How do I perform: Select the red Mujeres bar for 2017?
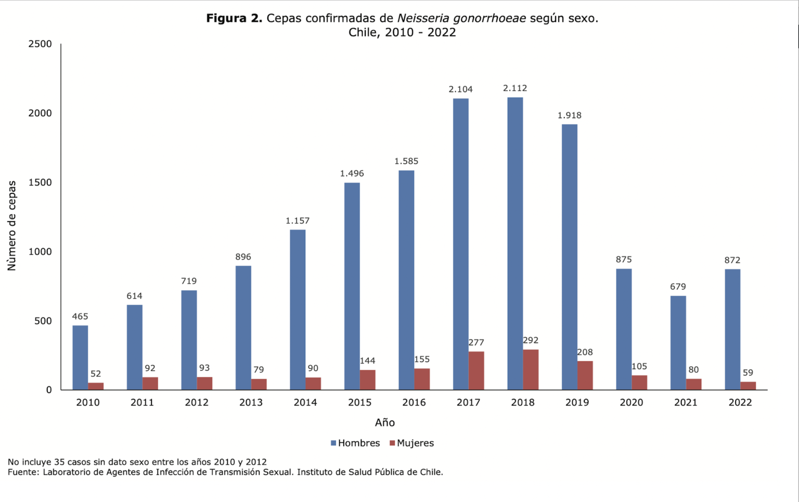(476, 370)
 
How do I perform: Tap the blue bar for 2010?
(80, 357)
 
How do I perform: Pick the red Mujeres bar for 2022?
(748, 385)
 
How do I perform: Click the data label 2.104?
(460, 89)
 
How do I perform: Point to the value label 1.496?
(352, 174)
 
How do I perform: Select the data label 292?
(530, 340)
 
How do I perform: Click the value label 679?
(678, 287)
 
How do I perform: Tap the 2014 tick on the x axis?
(305, 402)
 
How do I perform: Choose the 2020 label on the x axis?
(631, 402)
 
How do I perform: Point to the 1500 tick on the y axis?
(40, 183)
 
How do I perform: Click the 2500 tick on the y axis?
(40, 44)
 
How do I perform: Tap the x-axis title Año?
(385, 422)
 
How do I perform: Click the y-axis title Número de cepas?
(11, 226)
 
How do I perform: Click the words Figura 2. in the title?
(234, 18)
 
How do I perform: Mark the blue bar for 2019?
(569, 257)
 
